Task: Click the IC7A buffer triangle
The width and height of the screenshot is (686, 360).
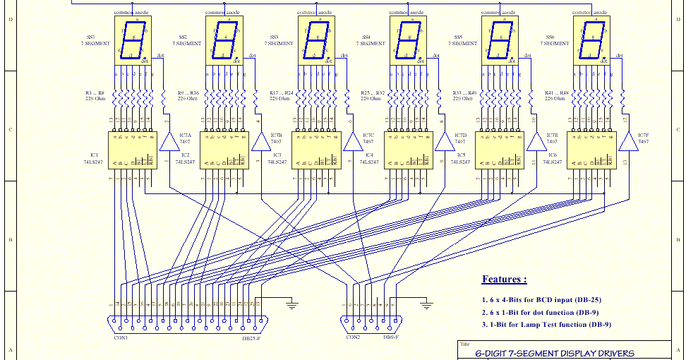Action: pos(169,143)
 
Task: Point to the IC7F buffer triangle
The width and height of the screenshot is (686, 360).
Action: pos(626,143)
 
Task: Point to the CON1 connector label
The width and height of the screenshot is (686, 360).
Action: pos(120,338)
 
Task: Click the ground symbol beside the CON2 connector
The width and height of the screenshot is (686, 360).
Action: pos(426,306)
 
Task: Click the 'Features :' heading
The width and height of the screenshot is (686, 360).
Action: pos(504,279)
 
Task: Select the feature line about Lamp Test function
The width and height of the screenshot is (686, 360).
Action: pos(546,325)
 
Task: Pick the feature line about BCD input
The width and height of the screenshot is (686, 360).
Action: pos(541,299)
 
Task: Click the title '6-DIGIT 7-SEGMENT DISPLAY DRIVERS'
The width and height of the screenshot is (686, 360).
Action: pos(554,354)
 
